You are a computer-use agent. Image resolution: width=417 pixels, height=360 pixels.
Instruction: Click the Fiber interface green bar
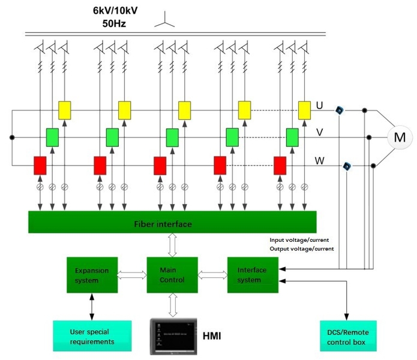point(172,224)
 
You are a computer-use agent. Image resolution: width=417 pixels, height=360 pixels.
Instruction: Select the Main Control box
point(173,274)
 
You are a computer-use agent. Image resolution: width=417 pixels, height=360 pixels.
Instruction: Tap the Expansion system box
point(91,274)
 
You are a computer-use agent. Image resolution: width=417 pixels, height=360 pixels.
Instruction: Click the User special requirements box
point(91,336)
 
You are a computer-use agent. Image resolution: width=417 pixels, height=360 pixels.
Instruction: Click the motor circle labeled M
point(399,137)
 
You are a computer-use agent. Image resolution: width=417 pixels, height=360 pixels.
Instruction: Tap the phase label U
point(320,106)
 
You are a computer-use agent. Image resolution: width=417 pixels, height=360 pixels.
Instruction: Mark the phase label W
point(320,161)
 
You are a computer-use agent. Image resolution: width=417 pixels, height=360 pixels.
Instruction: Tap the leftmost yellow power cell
point(65,110)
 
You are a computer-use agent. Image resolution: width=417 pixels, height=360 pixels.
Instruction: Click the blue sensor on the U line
point(340,110)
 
